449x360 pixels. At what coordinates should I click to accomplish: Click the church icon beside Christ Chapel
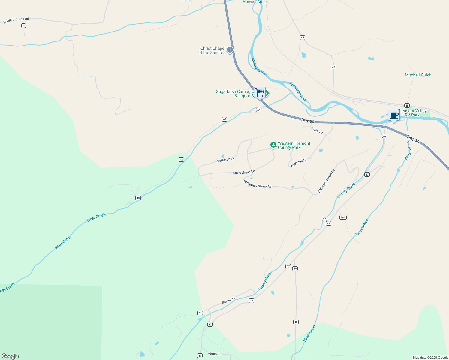pyautogui.click(x=230, y=50)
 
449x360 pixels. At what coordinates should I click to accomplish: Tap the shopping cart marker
pyautogui.click(x=260, y=92)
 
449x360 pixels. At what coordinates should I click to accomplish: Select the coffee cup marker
pyautogui.click(x=394, y=115)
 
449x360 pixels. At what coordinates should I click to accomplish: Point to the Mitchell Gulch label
pyautogui.click(x=418, y=75)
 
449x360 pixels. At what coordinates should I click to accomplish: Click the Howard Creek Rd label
pyautogui.click(x=16, y=20)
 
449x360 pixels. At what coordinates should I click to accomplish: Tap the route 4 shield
pyautogui.click(x=23, y=26)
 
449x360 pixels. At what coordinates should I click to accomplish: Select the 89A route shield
pyautogui.click(x=343, y=217)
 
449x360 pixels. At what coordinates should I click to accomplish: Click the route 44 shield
pyautogui.click(x=200, y=313)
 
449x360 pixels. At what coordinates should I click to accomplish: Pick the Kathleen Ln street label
pyautogui.click(x=226, y=160)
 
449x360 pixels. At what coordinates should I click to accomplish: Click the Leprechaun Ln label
pyautogui.click(x=244, y=172)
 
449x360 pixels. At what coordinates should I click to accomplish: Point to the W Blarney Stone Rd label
pyautogui.click(x=257, y=184)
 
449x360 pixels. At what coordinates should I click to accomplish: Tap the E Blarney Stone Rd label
pyautogui.click(x=326, y=181)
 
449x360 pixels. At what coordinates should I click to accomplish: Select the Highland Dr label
pyautogui.click(x=299, y=163)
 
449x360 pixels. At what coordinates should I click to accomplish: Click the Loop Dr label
pyautogui.click(x=317, y=130)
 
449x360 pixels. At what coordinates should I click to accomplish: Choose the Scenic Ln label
pyautogui.click(x=229, y=300)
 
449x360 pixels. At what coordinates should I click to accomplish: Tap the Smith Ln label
pyautogui.click(x=215, y=354)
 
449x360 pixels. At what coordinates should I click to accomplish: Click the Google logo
pyautogui.click(x=10, y=356)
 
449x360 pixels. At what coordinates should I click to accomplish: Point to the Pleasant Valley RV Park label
pyautogui.click(x=413, y=113)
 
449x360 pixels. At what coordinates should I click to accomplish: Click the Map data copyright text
pyautogui.click(x=430, y=358)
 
